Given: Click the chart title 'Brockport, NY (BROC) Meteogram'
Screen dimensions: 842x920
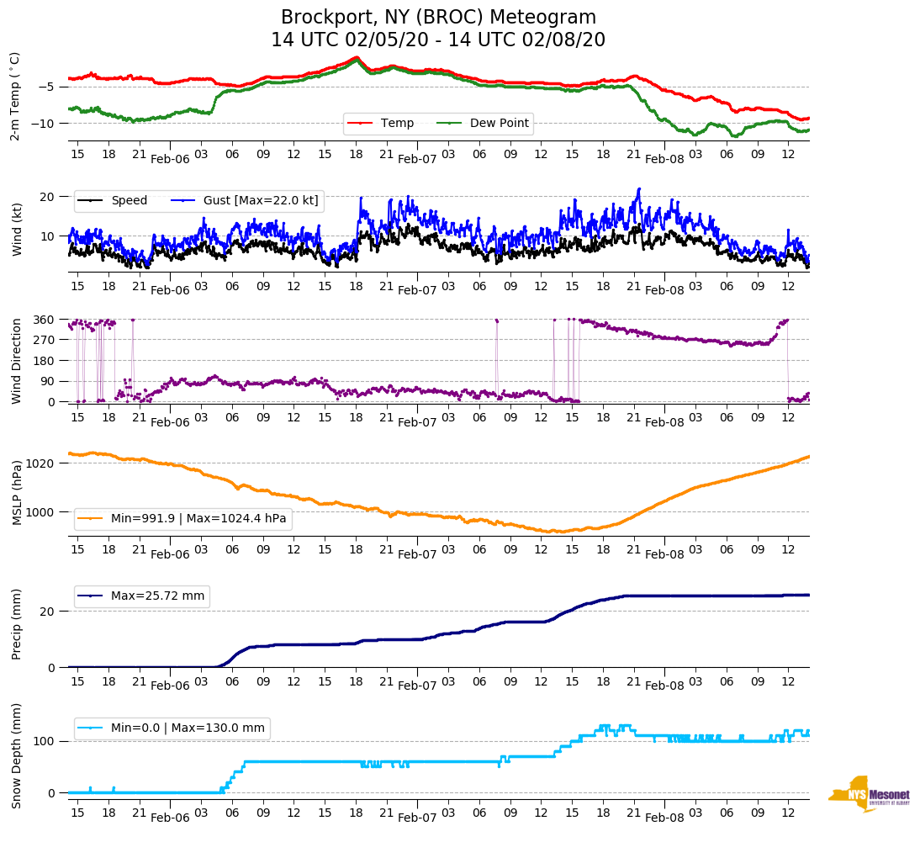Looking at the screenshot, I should pyautogui.click(x=438, y=18).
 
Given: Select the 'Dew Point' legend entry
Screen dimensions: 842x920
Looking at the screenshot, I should pyautogui.click(x=499, y=124).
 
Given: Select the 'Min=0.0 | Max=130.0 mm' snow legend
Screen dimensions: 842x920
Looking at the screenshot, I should pyautogui.click(x=188, y=728).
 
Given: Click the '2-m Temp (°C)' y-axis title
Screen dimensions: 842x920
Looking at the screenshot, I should pyautogui.click(x=15, y=96).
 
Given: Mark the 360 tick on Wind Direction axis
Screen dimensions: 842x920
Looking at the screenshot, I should pyautogui.click(x=45, y=320).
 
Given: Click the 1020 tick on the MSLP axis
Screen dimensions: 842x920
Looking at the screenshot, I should pyautogui.click(x=41, y=463).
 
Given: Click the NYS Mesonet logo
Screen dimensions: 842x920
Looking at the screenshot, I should pyautogui.click(x=869, y=793).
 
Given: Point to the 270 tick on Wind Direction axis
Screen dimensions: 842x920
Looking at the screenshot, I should pyautogui.click(x=45, y=340).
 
